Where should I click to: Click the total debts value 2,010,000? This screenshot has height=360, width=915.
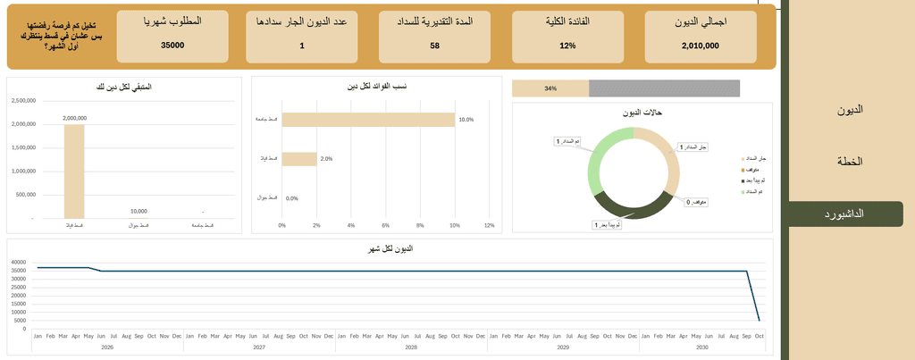[x=694, y=45]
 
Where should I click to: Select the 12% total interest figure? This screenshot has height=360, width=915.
[x=567, y=45]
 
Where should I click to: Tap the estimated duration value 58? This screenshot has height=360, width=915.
[x=434, y=45]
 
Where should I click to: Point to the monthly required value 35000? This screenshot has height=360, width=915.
[x=172, y=45]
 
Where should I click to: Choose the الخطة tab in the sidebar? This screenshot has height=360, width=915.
[x=849, y=162]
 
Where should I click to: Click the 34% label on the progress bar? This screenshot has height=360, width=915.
[x=550, y=88]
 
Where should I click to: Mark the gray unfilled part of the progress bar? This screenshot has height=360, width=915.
[x=664, y=88]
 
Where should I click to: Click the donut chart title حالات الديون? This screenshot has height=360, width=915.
[x=642, y=113]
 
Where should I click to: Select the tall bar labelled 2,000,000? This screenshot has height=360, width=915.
[x=74, y=171]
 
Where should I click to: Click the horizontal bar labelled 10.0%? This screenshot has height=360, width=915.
[x=368, y=120]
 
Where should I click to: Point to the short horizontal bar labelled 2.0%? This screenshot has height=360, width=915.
[x=299, y=159]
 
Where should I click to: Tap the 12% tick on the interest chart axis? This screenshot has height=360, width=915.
[x=489, y=225]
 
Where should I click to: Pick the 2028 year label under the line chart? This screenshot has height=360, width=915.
[x=410, y=346]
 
